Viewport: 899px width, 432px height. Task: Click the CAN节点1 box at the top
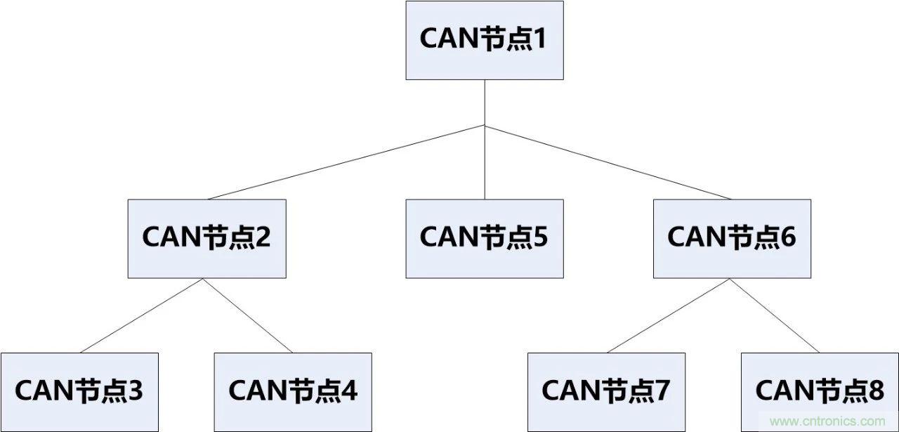pos(484,40)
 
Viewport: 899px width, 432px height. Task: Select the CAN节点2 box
pos(206,238)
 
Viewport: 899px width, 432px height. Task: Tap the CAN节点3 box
pos(79,391)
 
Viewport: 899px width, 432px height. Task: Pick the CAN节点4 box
pos(292,391)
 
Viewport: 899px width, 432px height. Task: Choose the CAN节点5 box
pos(484,238)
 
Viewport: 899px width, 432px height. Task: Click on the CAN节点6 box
pos(732,238)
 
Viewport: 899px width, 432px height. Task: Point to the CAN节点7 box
pos(606,391)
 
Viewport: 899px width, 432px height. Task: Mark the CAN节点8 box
pos(820,391)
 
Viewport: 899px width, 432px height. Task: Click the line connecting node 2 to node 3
pos(143,315)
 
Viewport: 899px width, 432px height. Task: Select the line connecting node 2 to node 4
pos(248,315)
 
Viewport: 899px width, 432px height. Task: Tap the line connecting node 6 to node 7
pos(669,315)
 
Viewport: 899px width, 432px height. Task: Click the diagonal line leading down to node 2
pos(346,162)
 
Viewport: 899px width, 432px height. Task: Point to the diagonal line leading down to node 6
pos(608,162)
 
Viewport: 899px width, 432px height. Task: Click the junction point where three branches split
pos(485,126)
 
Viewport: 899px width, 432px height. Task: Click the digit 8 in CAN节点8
pos(876,391)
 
